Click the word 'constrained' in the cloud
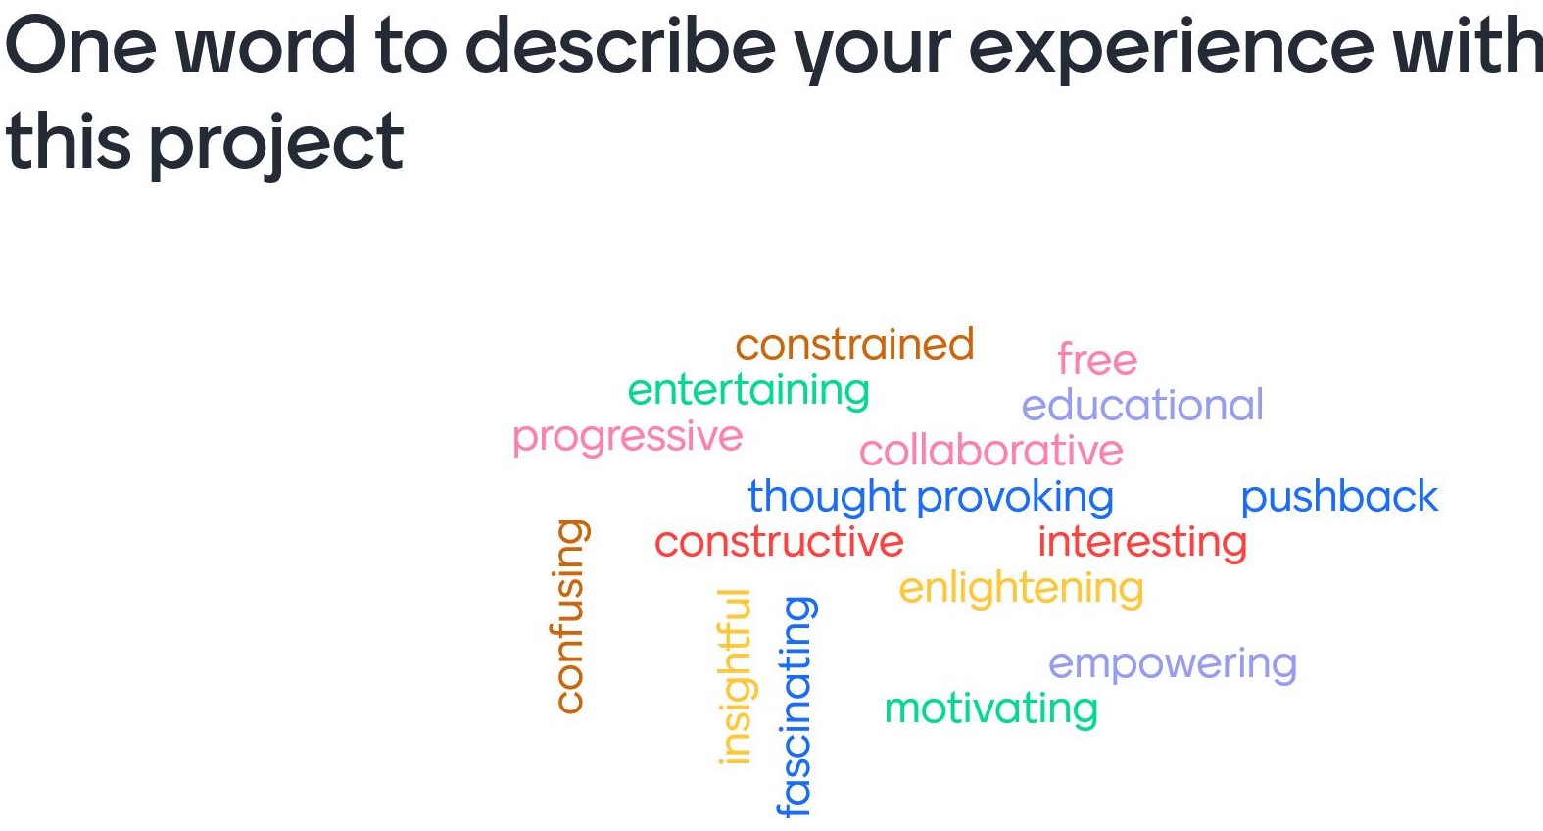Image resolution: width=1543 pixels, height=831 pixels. coord(854,345)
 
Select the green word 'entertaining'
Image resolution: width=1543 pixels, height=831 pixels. coord(748,391)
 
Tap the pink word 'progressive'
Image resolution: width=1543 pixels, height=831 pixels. coord(627,437)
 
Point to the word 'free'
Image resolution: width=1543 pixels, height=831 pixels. coord(1097,361)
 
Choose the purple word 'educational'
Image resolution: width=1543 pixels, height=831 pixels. coord(1142,406)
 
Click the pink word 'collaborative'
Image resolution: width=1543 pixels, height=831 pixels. coord(990,451)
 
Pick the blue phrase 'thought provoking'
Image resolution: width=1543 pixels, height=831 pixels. coord(930,497)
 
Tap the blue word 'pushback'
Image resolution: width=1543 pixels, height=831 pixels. coord(1338,497)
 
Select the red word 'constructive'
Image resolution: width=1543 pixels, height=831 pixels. coord(779,542)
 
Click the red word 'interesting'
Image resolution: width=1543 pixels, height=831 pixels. coord(1142,542)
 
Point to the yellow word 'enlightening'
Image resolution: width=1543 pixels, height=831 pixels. coord(1021,588)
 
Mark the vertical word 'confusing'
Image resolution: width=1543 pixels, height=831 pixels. coord(569,615)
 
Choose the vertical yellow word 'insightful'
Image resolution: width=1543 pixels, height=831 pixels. coord(735,676)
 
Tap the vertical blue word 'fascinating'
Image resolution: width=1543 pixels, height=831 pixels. coord(796,706)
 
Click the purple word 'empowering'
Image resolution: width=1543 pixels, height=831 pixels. coord(1173,664)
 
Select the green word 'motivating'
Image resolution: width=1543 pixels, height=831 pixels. coord(990,709)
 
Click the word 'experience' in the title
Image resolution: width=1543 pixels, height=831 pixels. coord(1172,47)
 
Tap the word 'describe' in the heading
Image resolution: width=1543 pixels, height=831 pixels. coord(619,45)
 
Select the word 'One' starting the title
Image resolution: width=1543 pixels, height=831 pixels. coord(80,45)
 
